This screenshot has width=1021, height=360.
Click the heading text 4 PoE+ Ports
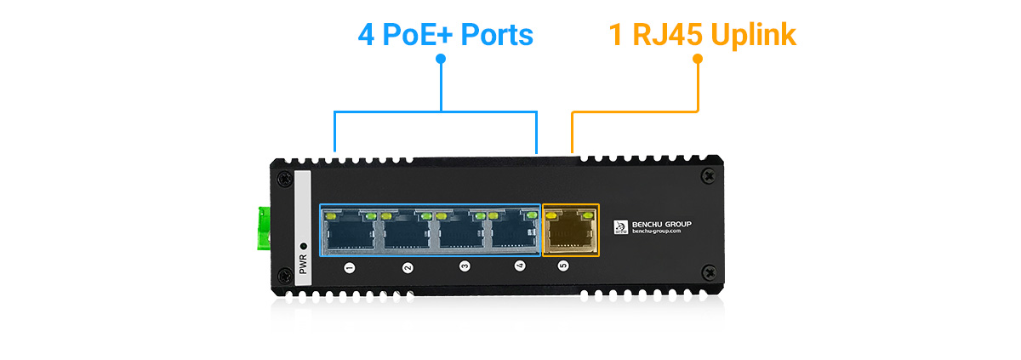(x=445, y=35)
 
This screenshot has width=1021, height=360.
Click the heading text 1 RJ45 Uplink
(x=702, y=35)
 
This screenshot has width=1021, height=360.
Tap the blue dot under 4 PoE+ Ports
(x=441, y=59)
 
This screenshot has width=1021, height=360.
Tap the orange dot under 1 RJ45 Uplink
(x=698, y=59)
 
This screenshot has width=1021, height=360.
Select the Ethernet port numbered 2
(x=403, y=231)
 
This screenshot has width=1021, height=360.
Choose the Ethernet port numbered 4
(x=513, y=231)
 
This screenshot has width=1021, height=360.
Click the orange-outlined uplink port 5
(x=570, y=231)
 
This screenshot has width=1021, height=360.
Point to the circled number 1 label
(x=349, y=268)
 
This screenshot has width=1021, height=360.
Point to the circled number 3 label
(x=465, y=267)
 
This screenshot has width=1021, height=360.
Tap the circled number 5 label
(x=562, y=266)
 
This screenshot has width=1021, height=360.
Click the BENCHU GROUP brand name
(x=662, y=225)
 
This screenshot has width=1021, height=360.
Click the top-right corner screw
(x=706, y=175)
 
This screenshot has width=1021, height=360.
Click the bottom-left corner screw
(x=284, y=272)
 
